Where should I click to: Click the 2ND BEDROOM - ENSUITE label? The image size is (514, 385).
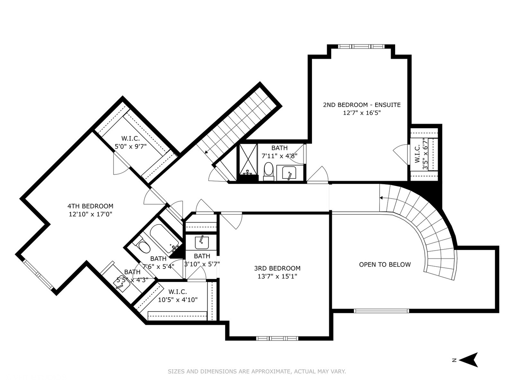(362, 105)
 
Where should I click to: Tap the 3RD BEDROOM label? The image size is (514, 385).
(277, 268)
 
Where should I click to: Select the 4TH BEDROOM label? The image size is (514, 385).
(90, 206)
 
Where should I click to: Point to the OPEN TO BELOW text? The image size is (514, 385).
(385, 265)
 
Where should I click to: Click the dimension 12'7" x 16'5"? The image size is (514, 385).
(362, 113)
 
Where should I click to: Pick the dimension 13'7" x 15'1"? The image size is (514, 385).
(277, 276)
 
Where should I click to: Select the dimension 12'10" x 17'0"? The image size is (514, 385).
(90, 214)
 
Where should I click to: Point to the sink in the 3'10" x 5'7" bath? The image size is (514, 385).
(202, 242)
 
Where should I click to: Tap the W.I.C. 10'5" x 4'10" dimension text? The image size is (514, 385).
(177, 300)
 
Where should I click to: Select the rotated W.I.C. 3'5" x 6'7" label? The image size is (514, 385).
(421, 154)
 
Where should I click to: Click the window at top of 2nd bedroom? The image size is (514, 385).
(361, 46)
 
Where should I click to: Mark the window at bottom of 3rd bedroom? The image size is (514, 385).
(277, 338)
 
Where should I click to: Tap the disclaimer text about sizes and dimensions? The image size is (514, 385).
(257, 371)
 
